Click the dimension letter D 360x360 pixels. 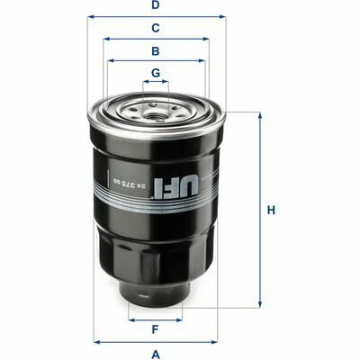[x=155, y=5]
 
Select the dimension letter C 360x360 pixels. [x=155, y=28]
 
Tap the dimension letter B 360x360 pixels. [x=155, y=51]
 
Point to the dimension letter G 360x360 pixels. [x=156, y=73]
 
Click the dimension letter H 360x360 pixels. [x=271, y=211]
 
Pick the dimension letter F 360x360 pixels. [x=155, y=329]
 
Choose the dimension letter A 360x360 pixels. [x=156, y=355]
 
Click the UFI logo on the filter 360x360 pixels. [x=176, y=187]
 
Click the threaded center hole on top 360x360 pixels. [x=155, y=113]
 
